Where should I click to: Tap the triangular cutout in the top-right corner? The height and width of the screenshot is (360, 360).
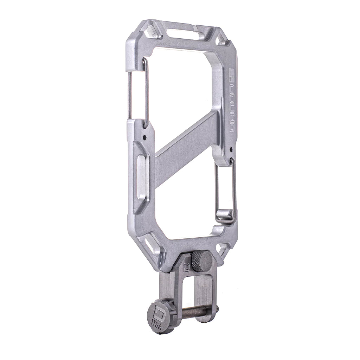pyautogui.click(x=221, y=39)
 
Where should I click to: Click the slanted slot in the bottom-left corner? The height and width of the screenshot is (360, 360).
pyautogui.click(x=150, y=246)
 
